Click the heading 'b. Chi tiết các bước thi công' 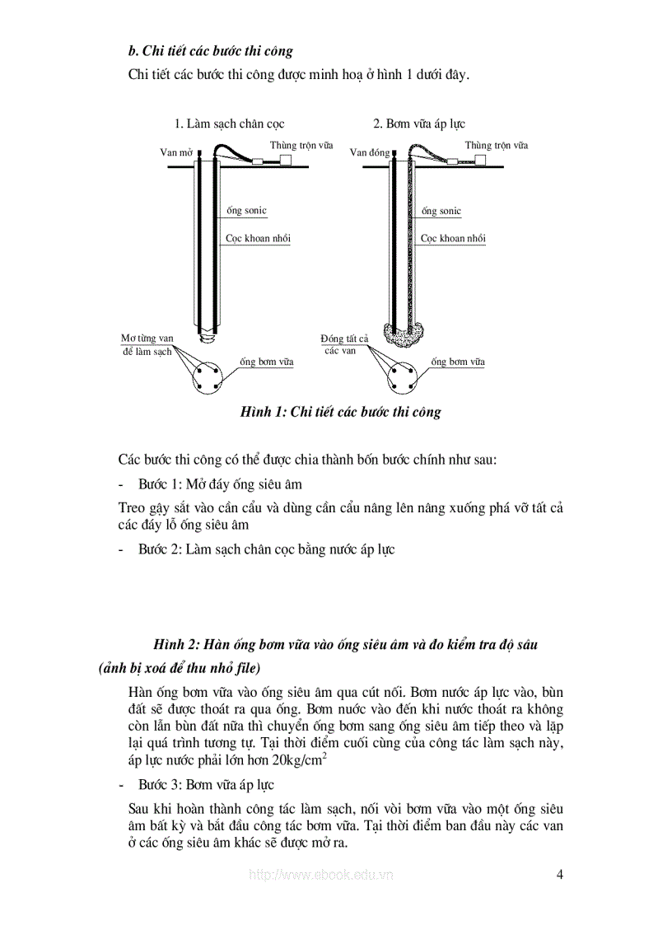pos(211,51)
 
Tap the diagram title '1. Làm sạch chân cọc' pos(229,124)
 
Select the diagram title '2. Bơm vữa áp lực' pos(418,124)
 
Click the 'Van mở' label pos(175,153)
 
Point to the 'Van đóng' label pos(370,153)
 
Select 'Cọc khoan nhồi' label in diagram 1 pos(258,239)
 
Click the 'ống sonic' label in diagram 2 pos(441,212)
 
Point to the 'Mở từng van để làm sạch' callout pos(147,345)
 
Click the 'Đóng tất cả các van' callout pos(343,344)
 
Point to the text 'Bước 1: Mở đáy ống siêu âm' pos(226,484)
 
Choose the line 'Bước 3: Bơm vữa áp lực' pos(206,785)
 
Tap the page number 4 pos(559,875)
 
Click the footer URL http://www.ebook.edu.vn pos(320,875)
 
